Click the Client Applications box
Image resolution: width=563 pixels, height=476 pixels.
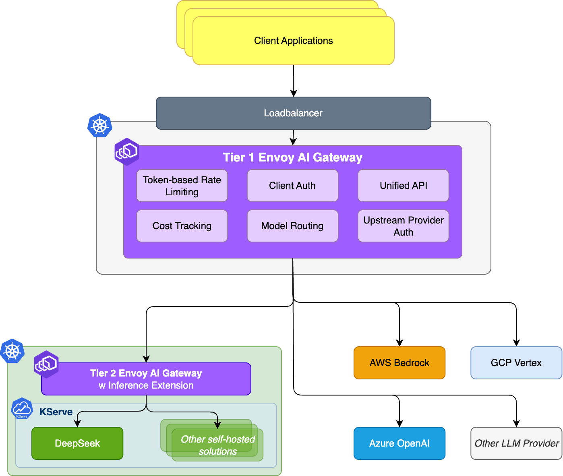[293, 41]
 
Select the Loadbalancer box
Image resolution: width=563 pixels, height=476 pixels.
[293, 113]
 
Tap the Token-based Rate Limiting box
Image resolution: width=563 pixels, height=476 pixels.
[182, 186]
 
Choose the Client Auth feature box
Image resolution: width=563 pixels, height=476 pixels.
[292, 186]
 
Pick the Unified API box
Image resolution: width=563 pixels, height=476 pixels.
[403, 186]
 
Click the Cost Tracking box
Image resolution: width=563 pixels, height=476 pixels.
[182, 226]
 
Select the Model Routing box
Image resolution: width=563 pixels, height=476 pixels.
[292, 226]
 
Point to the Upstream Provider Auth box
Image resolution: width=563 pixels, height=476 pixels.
[403, 226]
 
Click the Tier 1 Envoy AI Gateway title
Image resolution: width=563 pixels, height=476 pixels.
[292, 157]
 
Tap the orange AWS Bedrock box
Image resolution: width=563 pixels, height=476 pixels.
[399, 363]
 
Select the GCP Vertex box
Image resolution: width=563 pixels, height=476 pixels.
[516, 363]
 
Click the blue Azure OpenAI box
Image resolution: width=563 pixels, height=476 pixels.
[399, 443]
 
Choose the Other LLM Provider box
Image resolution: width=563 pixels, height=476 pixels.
[516, 443]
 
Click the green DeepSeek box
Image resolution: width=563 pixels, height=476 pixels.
[77, 443]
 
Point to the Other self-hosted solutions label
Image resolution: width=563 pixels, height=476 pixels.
[218, 445]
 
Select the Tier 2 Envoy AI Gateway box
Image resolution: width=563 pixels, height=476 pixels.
[146, 379]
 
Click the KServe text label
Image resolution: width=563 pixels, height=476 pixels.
[56, 412]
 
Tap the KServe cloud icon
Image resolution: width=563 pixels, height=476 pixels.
[22, 408]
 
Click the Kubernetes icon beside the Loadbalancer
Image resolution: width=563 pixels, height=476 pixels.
[99, 126]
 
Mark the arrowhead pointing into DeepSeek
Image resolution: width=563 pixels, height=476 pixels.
[77, 424]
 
